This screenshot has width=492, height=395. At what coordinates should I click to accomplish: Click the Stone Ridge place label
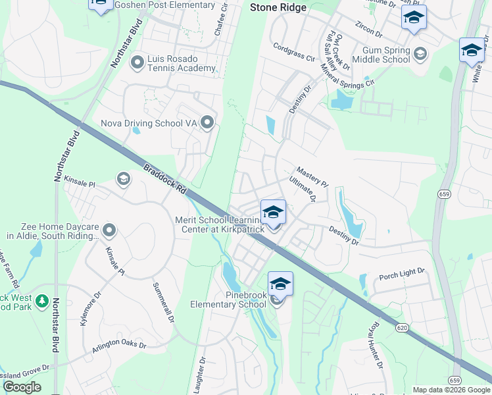coord(278,8)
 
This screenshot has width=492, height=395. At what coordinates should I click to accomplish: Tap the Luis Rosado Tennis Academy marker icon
coord(137,63)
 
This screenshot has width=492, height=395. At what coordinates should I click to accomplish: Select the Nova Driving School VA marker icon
coord(208,122)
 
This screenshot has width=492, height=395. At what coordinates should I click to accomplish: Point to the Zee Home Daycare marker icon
coord(109,230)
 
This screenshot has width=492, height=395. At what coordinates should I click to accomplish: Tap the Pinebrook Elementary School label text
coord(228,300)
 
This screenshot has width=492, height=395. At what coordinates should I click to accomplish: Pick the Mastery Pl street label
coord(312,176)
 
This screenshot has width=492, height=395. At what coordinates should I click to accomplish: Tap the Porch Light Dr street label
coord(403,274)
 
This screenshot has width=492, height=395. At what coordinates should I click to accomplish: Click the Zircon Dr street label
coord(368,30)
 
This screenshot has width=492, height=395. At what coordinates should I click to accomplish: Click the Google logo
coord(22,388)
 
